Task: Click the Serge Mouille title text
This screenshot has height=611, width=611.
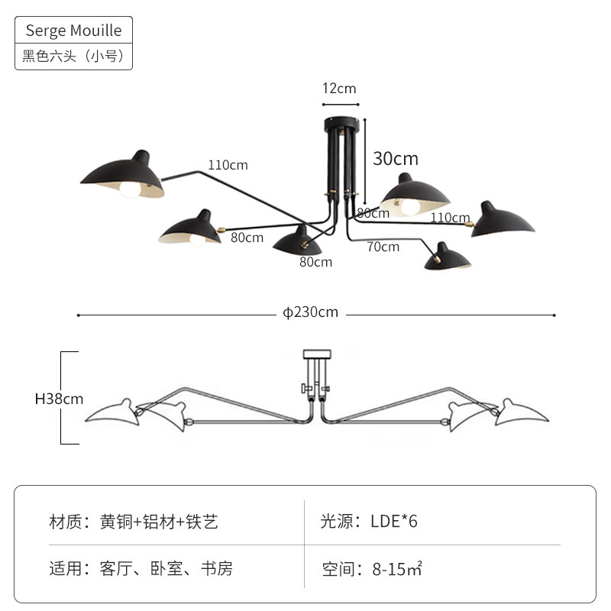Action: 73,31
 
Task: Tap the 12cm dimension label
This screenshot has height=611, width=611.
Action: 339,89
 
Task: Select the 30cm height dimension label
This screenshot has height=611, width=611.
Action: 396,159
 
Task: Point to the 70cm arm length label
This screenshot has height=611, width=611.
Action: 383,247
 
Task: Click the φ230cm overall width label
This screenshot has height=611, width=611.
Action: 311,312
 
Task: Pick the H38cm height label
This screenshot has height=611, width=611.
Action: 60,399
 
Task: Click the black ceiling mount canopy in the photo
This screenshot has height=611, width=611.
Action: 341,124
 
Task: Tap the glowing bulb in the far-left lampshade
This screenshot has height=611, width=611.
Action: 130,189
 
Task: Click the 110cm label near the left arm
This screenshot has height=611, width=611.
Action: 228,165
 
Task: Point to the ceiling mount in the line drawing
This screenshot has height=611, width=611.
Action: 317,354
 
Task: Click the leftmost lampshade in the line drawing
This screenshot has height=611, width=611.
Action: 113,413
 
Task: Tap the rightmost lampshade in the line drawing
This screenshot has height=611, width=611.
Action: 522,413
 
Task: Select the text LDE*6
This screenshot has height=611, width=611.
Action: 393,522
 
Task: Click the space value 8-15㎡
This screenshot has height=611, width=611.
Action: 397,569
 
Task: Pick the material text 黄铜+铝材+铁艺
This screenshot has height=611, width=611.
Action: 159,522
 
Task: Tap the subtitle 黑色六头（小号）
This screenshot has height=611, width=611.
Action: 73,56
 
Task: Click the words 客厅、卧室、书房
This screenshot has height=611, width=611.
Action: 166,568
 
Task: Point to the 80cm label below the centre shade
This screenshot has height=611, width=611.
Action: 315,262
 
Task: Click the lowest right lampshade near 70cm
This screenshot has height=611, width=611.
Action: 447,257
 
